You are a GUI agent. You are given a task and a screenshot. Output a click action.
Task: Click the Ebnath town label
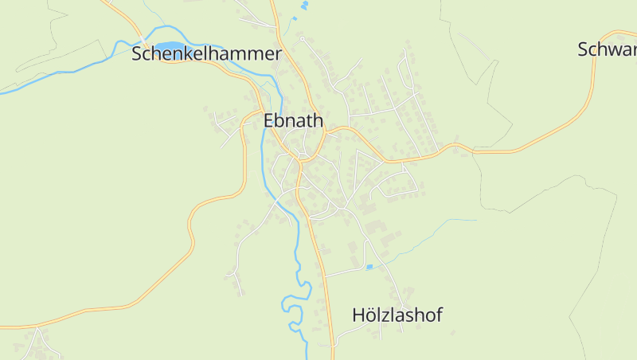click(x=293, y=121)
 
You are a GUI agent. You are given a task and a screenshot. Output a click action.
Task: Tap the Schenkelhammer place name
click(x=207, y=54)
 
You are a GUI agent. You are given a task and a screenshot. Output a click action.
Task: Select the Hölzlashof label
click(x=397, y=315)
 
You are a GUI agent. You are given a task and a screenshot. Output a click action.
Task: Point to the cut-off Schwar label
click(x=608, y=49)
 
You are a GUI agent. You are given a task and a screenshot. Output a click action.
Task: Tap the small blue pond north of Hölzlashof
click(x=369, y=267)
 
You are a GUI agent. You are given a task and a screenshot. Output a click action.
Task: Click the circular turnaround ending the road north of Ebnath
click(x=303, y=38)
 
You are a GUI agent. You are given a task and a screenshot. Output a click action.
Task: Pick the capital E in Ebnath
click(x=268, y=121)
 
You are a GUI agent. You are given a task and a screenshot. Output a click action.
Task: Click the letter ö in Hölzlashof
click(x=369, y=315)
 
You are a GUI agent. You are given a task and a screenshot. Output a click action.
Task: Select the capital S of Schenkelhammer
click(x=138, y=54)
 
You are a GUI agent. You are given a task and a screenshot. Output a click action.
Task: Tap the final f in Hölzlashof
click(x=438, y=315)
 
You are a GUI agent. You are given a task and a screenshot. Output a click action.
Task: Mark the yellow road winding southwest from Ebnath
click(x=191, y=239)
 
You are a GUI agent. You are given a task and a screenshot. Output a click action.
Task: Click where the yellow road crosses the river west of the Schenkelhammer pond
click(x=143, y=39)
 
